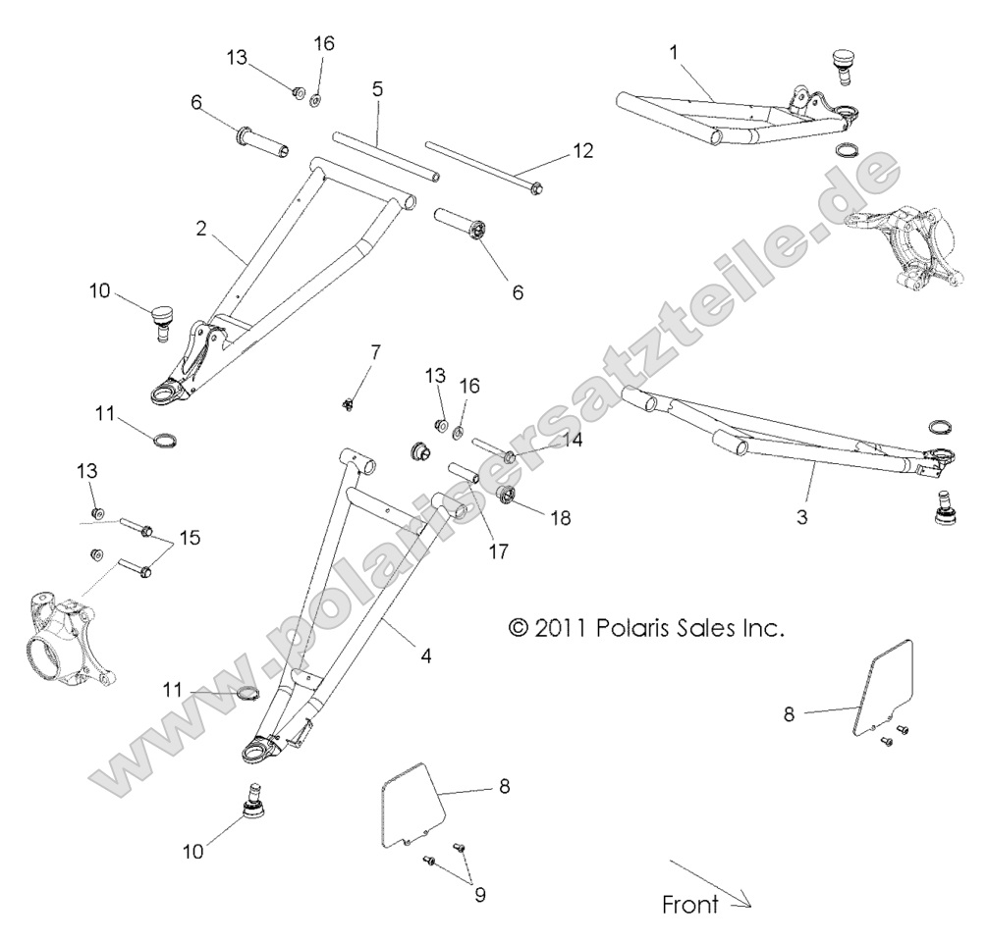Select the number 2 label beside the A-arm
point(200,229)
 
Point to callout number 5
point(377,89)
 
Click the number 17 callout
point(498,551)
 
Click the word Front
point(689,905)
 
